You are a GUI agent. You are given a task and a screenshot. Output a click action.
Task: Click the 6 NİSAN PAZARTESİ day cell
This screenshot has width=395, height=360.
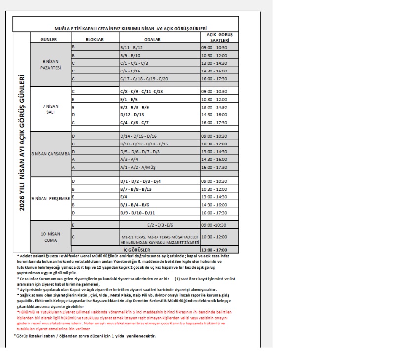[50, 64]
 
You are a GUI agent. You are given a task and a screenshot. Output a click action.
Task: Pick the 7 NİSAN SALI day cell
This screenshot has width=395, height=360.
[50, 108]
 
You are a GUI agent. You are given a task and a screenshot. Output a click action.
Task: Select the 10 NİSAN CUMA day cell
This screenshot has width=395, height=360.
[50, 236]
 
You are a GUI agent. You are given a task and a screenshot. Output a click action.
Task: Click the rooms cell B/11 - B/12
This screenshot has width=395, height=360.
[132, 47]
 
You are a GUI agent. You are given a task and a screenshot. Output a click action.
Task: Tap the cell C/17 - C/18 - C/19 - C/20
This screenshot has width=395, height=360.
[144, 79]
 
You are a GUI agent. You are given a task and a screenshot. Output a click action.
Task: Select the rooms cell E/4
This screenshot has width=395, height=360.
[124, 197]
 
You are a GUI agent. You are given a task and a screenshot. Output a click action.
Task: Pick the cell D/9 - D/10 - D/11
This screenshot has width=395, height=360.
[138, 213]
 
